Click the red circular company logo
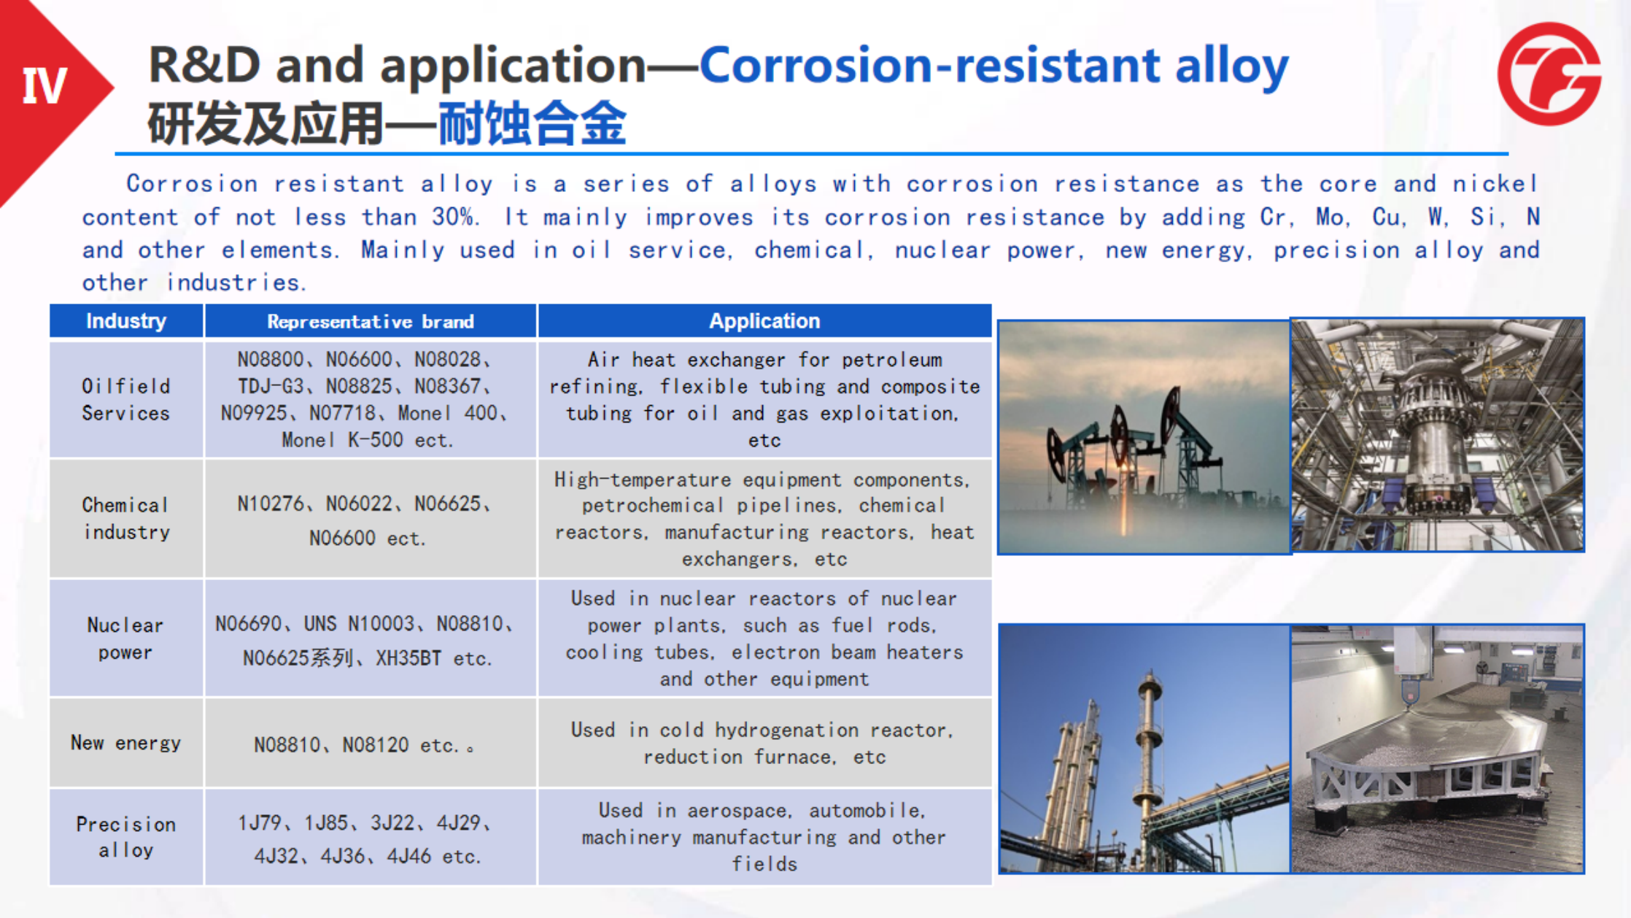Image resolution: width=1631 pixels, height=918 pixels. click(1549, 74)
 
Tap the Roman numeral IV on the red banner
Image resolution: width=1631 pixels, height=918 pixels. click(44, 86)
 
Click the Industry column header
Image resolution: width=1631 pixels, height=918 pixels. click(126, 321)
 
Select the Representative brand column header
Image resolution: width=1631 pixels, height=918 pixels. click(371, 322)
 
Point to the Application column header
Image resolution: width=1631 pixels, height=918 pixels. click(764, 321)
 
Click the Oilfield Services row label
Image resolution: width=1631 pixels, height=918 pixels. click(125, 399)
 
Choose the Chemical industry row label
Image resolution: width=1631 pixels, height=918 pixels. click(125, 518)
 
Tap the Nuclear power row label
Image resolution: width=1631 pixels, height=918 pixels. click(125, 639)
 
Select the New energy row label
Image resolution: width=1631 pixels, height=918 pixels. click(125, 743)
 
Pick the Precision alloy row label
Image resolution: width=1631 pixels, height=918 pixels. click(125, 837)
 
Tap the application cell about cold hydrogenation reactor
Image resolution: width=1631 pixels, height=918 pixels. click(764, 743)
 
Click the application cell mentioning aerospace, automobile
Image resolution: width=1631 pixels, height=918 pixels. click(764, 837)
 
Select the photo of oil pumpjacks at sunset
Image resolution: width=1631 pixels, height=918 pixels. click(1144, 437)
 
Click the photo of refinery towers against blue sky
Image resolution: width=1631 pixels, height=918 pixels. click(1144, 749)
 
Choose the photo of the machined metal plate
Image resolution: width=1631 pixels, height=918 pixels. click(1438, 749)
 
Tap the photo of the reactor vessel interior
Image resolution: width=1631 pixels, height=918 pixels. click(1438, 434)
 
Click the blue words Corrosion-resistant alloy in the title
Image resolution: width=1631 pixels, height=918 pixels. click(994, 66)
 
